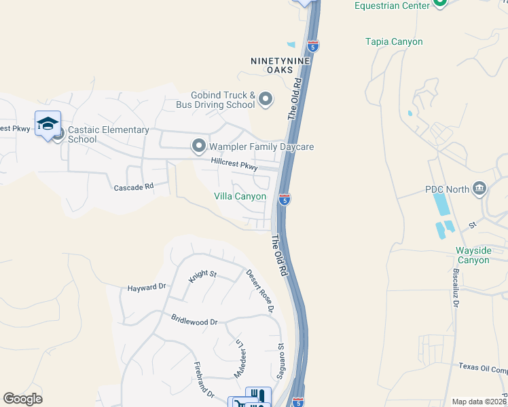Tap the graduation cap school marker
[48, 123]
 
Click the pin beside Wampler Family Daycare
[199, 146]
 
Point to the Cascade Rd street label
[134, 187]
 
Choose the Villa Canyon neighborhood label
[240, 196]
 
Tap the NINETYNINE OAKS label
[280, 65]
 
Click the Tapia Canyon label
[394, 42]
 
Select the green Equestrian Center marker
[440, 3]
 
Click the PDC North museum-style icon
[480, 189]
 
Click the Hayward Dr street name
[147, 287]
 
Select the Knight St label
[202, 276]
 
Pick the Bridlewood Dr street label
[194, 319]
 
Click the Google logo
[23, 399]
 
